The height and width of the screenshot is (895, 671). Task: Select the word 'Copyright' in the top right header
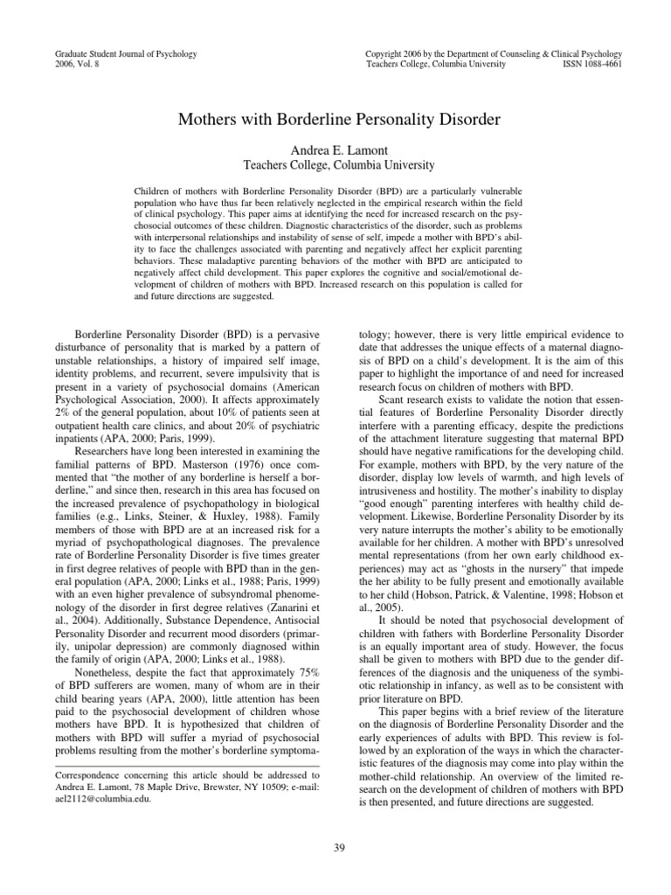(387, 54)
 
